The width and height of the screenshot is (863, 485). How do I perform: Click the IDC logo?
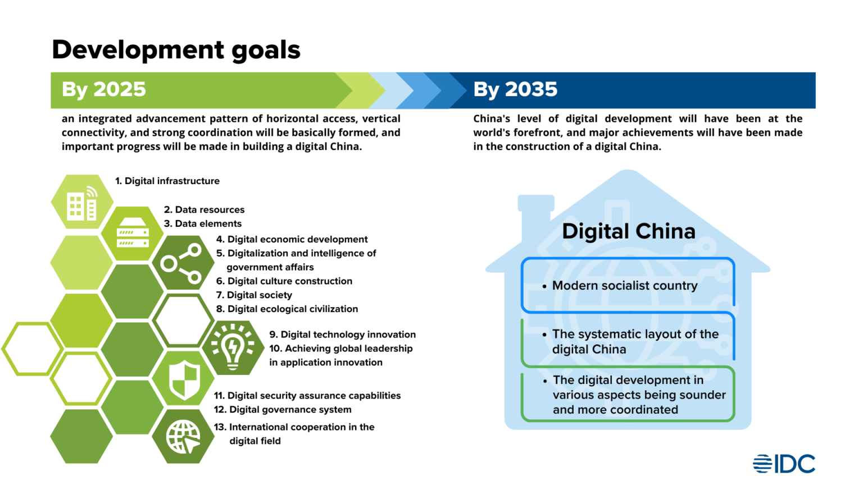click(x=784, y=464)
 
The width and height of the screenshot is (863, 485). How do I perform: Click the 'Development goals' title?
click(x=176, y=50)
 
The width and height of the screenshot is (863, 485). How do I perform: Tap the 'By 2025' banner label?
click(x=104, y=90)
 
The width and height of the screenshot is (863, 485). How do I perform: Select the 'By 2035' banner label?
click(x=515, y=90)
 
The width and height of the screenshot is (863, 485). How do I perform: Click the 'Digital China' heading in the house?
click(x=628, y=231)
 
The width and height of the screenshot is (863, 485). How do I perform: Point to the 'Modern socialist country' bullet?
click(x=624, y=286)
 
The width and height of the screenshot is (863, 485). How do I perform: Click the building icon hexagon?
click(x=82, y=202)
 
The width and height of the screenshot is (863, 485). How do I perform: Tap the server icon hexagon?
click(x=133, y=233)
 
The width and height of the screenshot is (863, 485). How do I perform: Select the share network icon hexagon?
click(x=182, y=263)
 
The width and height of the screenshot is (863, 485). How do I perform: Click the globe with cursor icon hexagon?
click(x=183, y=436)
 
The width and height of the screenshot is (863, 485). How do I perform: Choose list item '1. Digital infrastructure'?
click(x=167, y=181)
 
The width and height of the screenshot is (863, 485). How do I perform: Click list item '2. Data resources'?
click(x=204, y=209)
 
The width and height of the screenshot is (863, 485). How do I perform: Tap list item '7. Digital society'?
click(x=254, y=295)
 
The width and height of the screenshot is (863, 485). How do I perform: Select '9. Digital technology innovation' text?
click(x=342, y=335)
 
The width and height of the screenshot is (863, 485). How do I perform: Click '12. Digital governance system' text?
click(x=283, y=410)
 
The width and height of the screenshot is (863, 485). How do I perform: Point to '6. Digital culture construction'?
click(x=284, y=281)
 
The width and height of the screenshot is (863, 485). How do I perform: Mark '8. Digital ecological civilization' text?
click(x=287, y=309)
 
